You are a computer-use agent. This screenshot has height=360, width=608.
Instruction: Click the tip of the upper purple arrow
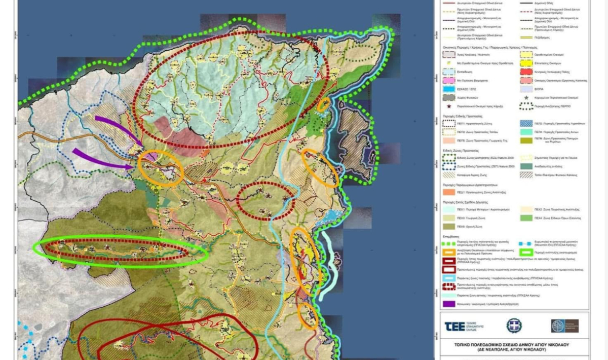click(x=143, y=145)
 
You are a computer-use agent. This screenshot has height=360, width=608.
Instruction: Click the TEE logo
click(x=464, y=326)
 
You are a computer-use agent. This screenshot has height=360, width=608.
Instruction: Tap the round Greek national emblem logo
click(x=514, y=326)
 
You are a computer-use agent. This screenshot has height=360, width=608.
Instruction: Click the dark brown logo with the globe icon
click(x=564, y=326)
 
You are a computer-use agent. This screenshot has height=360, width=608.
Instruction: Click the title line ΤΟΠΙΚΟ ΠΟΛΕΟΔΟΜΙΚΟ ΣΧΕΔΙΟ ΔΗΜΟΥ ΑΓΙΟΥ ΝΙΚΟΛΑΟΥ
click(x=514, y=344)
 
